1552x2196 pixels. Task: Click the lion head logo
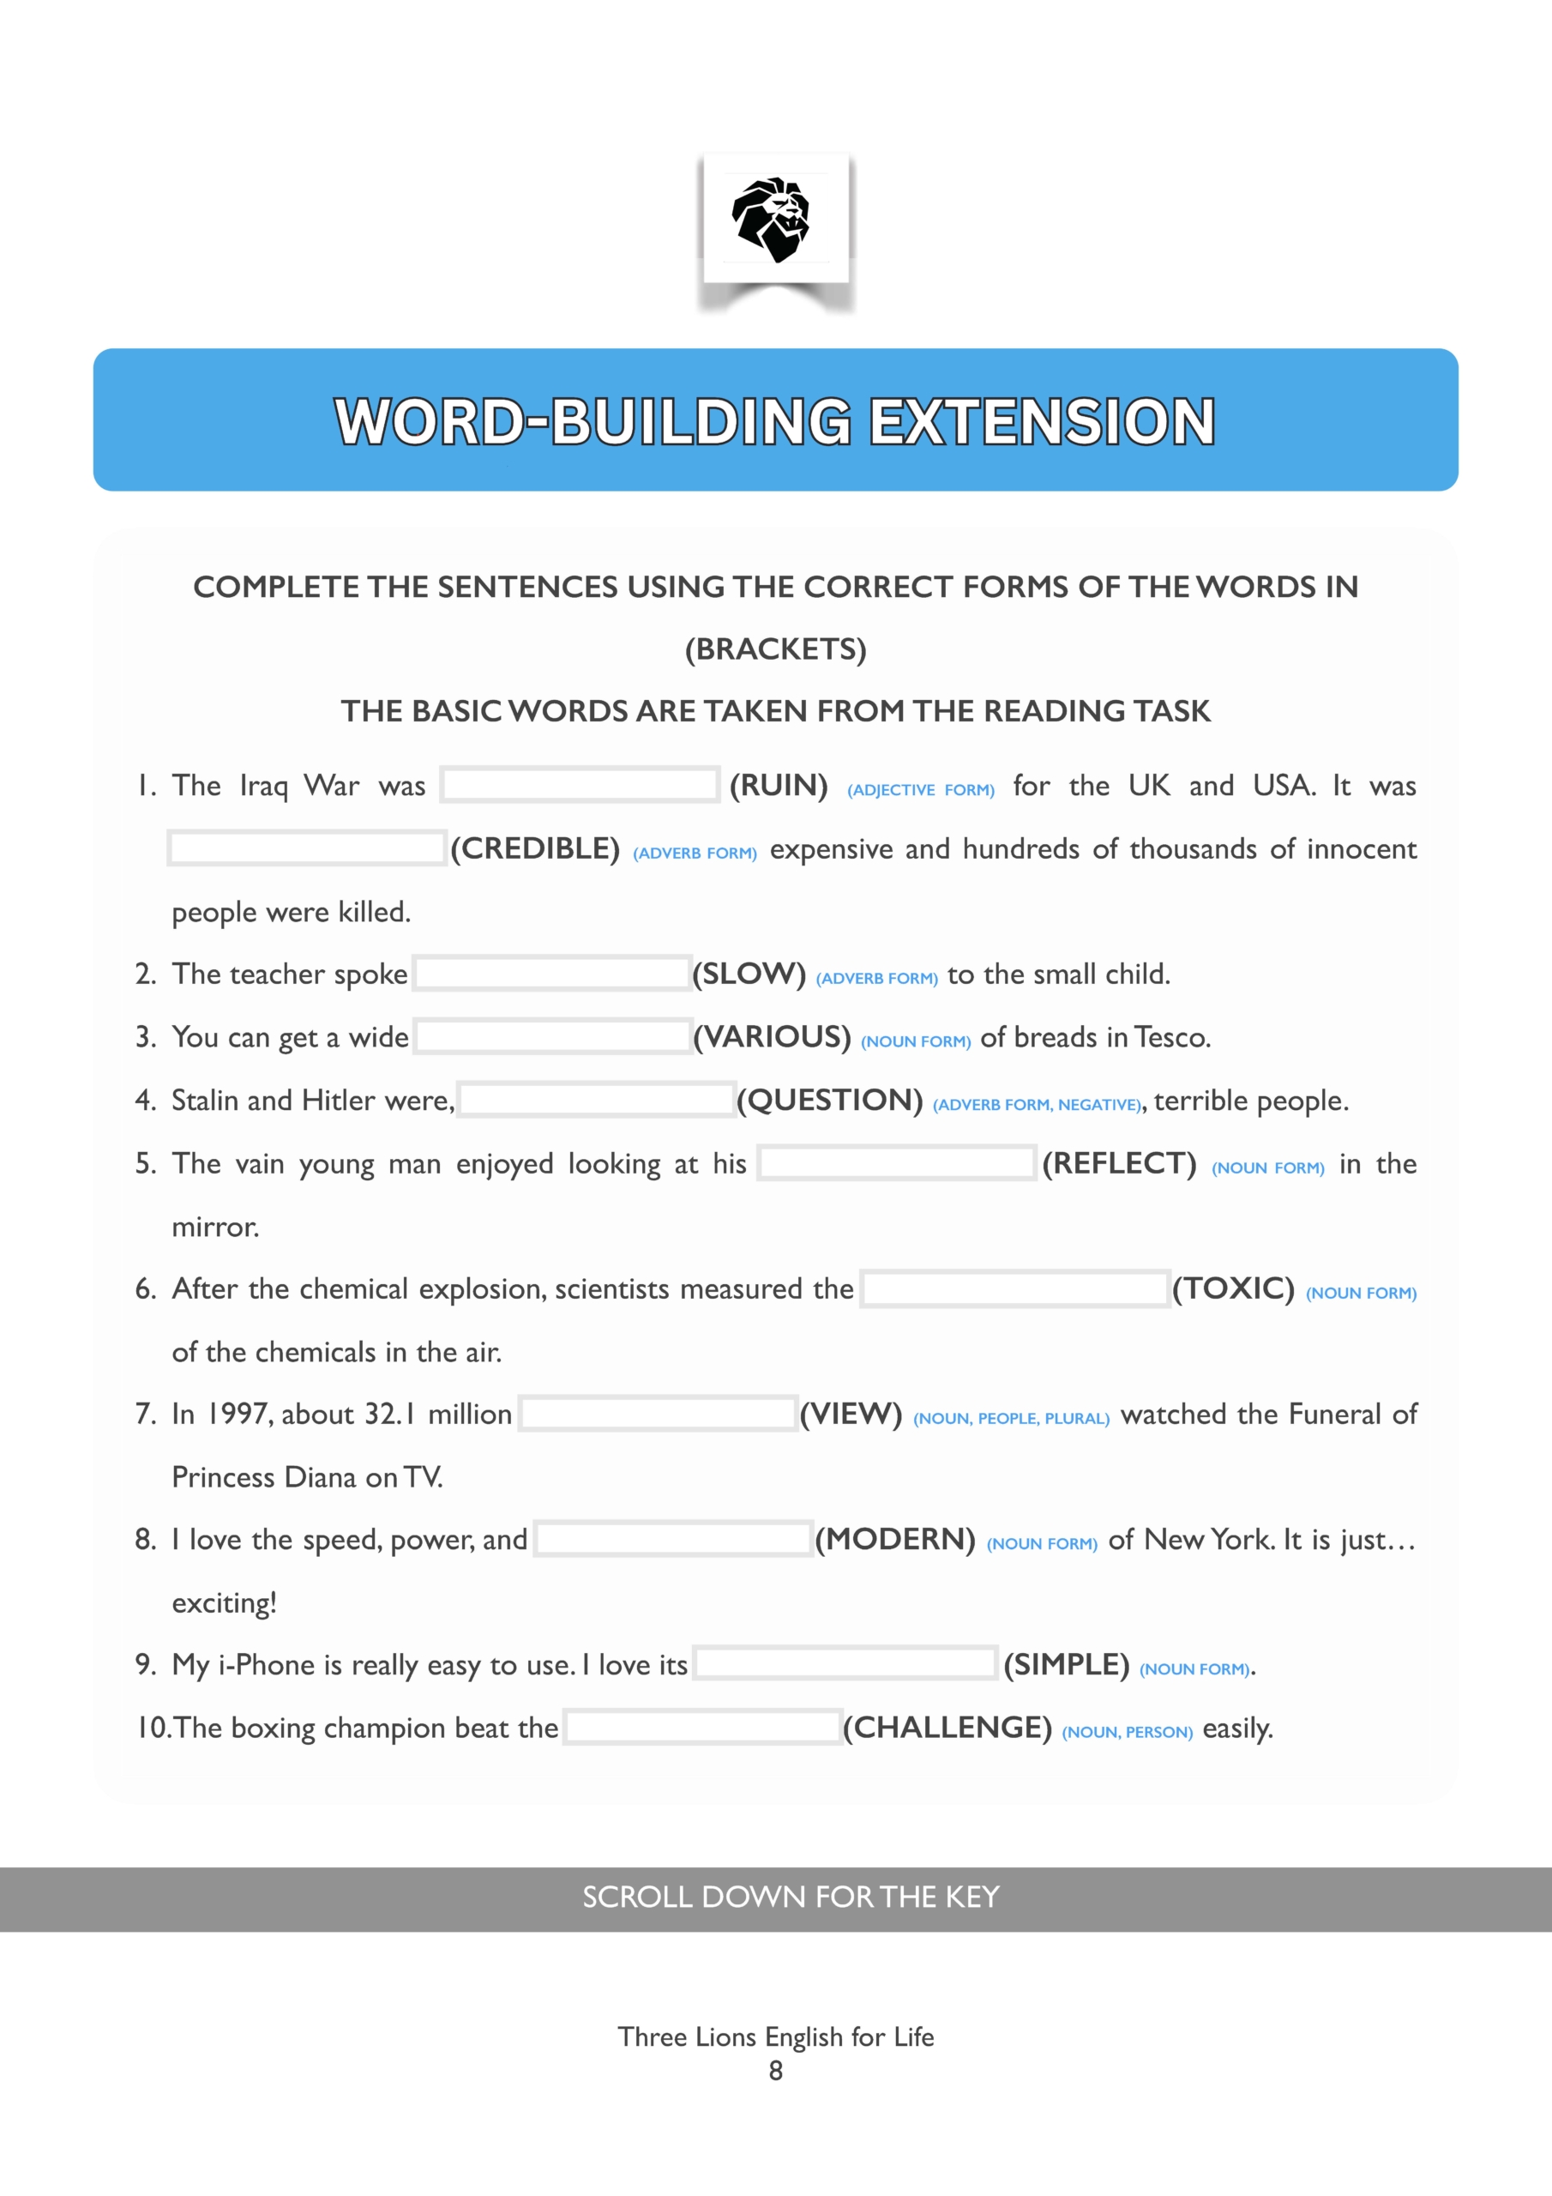click(x=772, y=219)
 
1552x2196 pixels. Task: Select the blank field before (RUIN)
click(x=580, y=785)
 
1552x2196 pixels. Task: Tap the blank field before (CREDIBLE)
click(x=306, y=848)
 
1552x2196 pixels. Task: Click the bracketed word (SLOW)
click(x=749, y=974)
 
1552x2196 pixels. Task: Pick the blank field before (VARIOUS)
click(x=553, y=1037)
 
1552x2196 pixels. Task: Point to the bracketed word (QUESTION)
click(x=830, y=1100)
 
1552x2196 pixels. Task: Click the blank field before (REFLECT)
click(x=897, y=1163)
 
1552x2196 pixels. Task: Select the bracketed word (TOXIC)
click(x=1234, y=1288)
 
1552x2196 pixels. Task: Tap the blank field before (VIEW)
click(x=658, y=1414)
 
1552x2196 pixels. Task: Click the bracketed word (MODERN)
click(x=895, y=1539)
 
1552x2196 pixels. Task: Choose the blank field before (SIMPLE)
click(x=845, y=1664)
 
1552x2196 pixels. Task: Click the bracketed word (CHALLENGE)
click(x=947, y=1728)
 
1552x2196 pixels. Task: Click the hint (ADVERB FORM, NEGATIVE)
click(x=1037, y=1105)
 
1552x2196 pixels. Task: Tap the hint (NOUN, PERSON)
click(x=1128, y=1732)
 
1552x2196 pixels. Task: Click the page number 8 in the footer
click(x=775, y=2071)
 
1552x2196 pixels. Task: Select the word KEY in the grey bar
click(x=972, y=1897)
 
